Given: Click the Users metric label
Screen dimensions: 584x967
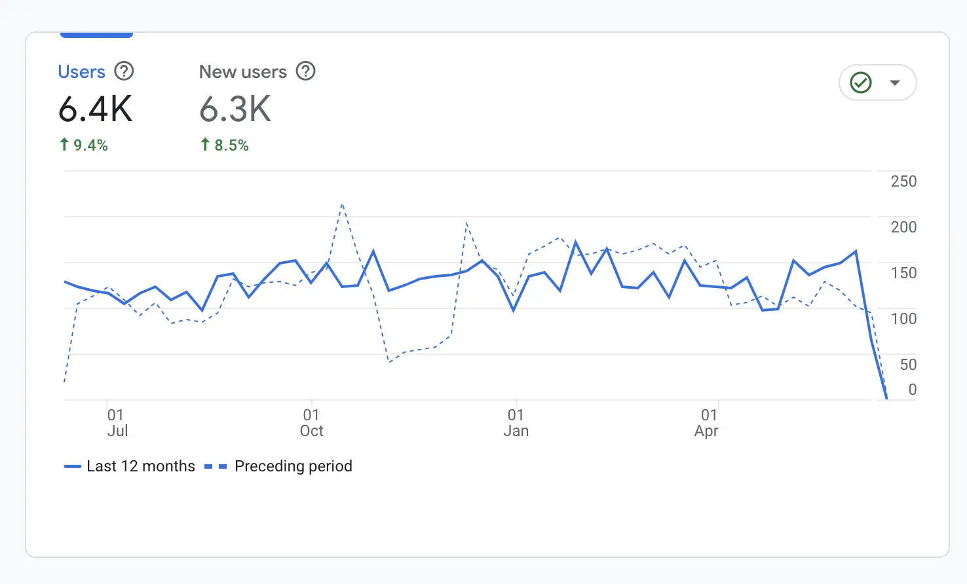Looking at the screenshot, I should pos(81,71).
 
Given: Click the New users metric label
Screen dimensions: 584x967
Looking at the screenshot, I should pos(242,71).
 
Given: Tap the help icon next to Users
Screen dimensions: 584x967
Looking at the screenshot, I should pos(124,71).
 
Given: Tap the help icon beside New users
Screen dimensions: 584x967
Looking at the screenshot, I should pos(305,71).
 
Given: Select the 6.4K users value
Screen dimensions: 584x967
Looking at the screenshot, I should pos(96,109).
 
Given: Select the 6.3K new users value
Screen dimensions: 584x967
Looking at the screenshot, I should pos(235,109).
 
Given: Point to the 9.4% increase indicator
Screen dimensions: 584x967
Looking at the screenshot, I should pos(84,145).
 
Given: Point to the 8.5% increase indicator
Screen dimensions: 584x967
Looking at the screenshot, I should pos(225,145).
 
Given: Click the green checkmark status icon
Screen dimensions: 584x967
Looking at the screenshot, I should pos(860,82).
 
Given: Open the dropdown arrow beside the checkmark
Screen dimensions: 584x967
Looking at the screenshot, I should pos(894,82).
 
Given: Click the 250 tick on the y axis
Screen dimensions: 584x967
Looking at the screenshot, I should pos(903,181).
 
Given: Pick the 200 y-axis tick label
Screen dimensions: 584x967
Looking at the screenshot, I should pos(903,227).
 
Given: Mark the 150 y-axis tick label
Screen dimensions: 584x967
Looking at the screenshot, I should pos(903,273).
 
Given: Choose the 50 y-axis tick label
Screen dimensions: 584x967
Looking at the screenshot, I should pos(907,365).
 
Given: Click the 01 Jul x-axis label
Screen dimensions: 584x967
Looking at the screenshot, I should pos(117,423).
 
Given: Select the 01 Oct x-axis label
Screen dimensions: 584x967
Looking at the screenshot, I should pos(311,423).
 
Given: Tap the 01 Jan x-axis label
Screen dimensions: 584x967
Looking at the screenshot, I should pos(516,423).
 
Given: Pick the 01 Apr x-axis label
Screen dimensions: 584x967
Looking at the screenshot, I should pos(707,423).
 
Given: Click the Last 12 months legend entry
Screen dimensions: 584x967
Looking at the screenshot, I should pos(130,466).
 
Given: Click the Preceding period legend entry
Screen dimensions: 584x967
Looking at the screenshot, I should pos(279,466).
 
